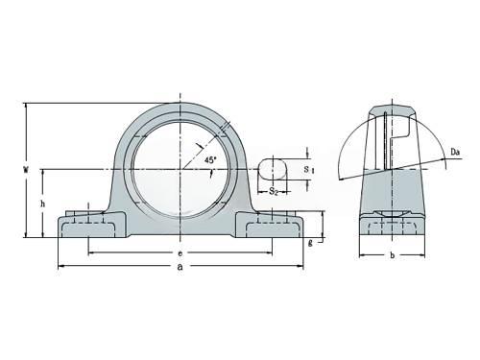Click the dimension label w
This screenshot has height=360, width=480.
click(x=26, y=169)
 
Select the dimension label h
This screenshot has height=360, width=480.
click(x=42, y=204)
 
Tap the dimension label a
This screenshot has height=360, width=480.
click(x=180, y=266)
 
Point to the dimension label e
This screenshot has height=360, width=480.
click(x=180, y=253)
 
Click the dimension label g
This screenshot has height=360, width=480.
click(x=310, y=243)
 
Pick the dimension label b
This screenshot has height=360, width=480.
click(x=393, y=255)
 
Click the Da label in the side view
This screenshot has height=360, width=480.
click(x=455, y=152)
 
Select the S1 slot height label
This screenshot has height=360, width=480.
click(x=308, y=170)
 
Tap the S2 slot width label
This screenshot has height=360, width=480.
click(x=273, y=191)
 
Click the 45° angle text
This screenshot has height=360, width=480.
click(x=210, y=159)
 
